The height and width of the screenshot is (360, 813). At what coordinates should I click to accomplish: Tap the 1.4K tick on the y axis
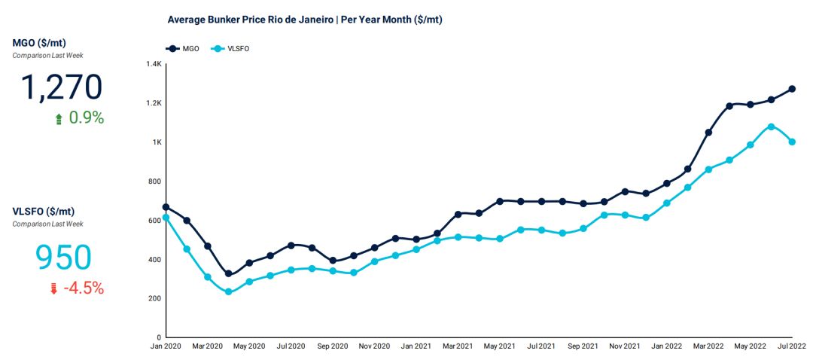click(x=154, y=64)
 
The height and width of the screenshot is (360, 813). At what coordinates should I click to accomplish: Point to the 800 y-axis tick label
click(x=155, y=182)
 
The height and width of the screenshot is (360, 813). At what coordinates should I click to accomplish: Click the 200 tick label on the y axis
click(x=155, y=299)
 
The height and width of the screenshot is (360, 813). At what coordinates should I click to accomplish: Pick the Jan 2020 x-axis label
click(x=166, y=346)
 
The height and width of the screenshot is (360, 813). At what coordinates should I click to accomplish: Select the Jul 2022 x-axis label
click(x=790, y=346)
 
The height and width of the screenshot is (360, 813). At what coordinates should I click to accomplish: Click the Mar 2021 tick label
click(x=458, y=346)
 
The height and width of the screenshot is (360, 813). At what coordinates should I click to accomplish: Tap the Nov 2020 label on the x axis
click(x=374, y=346)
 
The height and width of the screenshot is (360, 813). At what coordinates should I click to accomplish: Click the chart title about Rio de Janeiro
click(x=305, y=20)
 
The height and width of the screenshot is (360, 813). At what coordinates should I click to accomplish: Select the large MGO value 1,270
click(x=61, y=87)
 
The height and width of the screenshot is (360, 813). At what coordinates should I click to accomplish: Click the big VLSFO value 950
click(x=63, y=258)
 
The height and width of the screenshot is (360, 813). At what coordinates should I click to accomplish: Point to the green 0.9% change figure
click(x=86, y=118)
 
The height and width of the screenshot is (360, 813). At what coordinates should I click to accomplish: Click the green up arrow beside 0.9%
click(x=59, y=119)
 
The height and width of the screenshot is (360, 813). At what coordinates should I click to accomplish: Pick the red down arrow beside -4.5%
click(x=53, y=289)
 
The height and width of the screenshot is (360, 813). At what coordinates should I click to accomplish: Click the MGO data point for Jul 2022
click(x=792, y=89)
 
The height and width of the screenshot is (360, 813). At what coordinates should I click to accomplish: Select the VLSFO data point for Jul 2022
click(x=792, y=142)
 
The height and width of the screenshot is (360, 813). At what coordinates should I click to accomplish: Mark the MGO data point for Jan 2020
click(x=166, y=207)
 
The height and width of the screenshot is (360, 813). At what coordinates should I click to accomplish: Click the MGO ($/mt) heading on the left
click(x=39, y=43)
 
